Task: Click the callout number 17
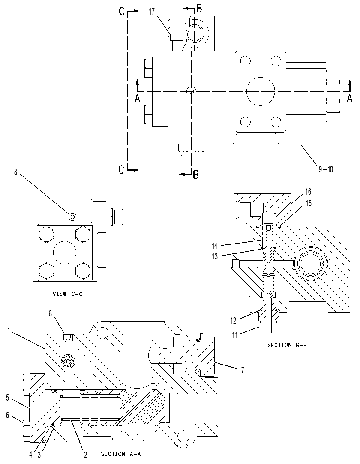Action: click(x=152, y=12)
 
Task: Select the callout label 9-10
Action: click(x=326, y=169)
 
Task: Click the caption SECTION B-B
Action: click(x=287, y=345)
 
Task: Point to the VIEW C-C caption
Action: click(x=67, y=294)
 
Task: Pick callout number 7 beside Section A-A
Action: click(x=243, y=370)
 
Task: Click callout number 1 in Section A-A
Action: click(x=9, y=331)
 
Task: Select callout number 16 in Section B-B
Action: click(x=308, y=192)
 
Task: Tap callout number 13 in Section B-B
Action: click(x=214, y=256)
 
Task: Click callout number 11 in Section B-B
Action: click(x=234, y=336)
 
